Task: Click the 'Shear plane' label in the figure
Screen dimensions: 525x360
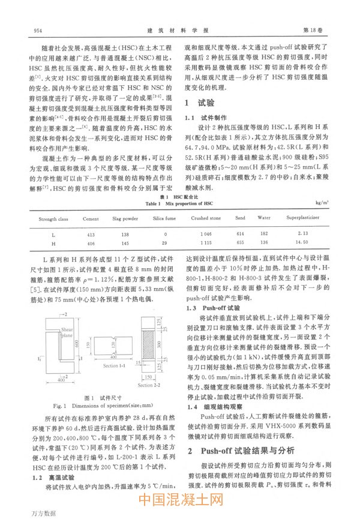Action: point(66,333)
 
